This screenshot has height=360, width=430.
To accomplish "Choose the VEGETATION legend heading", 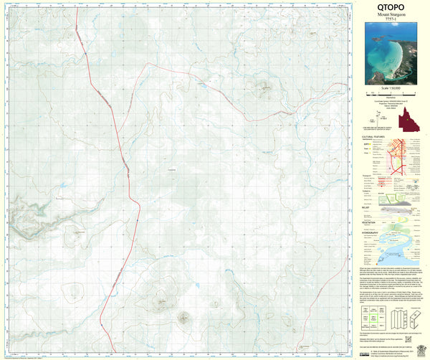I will coord(370,223).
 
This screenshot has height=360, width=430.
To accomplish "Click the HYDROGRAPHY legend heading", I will coord(372,234).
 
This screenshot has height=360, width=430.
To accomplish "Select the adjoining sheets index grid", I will coord(373,315).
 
